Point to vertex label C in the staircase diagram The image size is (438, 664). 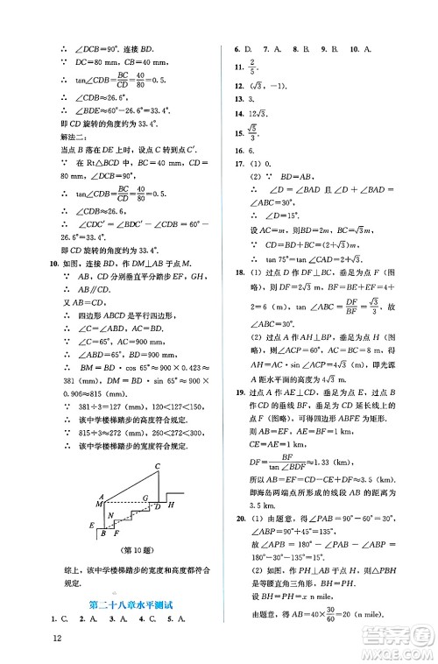tap(157, 465)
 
